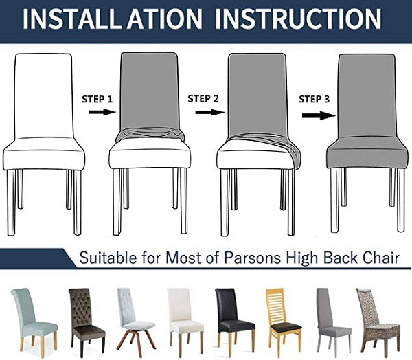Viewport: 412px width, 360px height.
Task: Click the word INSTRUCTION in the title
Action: pos(298,19)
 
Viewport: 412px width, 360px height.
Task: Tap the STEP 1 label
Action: pos(98,99)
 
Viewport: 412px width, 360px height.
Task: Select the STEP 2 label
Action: pos(203,99)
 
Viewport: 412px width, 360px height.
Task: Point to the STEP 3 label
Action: pos(314,99)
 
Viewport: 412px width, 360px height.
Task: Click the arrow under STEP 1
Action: pos(102,112)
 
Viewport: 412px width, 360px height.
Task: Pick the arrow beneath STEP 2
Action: pos(210,112)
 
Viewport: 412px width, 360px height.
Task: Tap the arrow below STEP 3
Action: pos(319,115)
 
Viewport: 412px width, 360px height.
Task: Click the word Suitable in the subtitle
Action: pos(108,258)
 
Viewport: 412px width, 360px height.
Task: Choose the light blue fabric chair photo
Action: pos(34,319)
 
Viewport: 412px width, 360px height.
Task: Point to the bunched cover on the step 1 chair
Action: pos(150,134)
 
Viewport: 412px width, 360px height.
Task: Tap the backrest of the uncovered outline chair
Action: pos(43,95)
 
